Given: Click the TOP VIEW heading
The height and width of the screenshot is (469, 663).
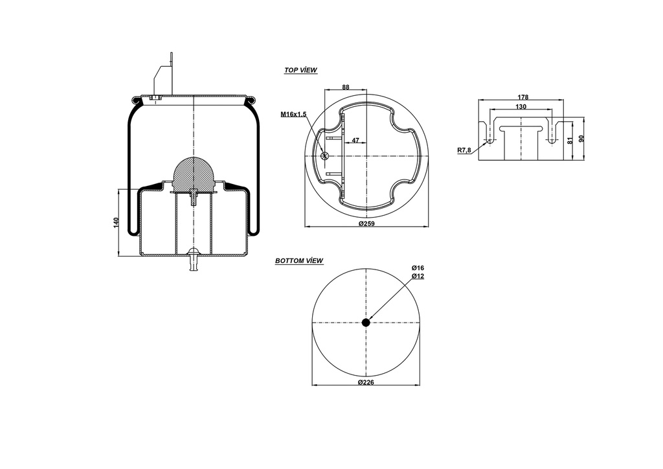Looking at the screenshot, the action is click(x=300, y=70).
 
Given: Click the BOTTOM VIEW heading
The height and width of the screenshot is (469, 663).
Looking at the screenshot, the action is click(x=299, y=260).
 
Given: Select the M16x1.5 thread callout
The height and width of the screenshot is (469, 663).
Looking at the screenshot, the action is click(x=293, y=114).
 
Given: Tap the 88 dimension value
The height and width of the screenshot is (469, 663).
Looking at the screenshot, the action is click(x=346, y=87).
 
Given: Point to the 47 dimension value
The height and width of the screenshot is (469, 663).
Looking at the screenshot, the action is click(x=355, y=140).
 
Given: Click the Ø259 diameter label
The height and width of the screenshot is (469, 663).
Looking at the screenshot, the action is click(x=367, y=223).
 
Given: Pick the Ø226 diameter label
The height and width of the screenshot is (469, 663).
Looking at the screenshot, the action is click(x=366, y=382).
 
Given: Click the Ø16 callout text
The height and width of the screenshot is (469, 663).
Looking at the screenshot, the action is click(x=418, y=268).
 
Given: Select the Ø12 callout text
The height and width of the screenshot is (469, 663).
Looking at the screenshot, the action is click(x=418, y=276).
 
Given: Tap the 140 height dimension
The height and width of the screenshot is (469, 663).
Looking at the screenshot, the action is click(x=117, y=223).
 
